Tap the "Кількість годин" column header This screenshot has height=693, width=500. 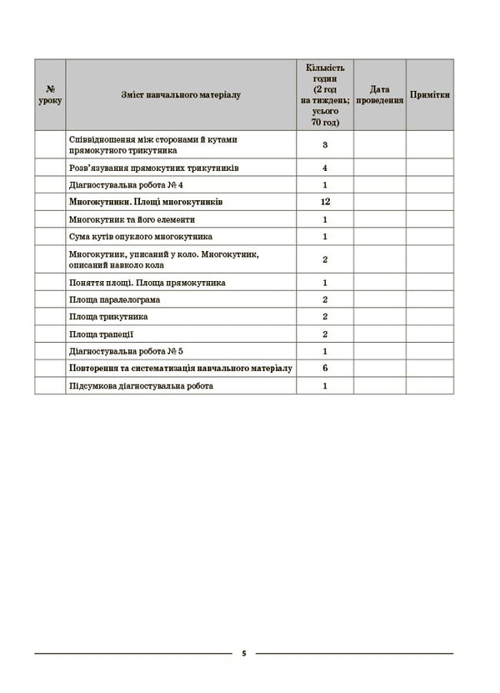[325, 94]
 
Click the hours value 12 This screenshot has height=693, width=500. [325, 202]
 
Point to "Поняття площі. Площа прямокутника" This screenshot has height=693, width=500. [148, 283]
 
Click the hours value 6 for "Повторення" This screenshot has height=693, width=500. [325, 369]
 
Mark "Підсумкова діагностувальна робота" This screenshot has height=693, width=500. [142, 386]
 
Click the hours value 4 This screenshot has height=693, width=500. [325, 168]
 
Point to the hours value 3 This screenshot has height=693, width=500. [325, 145]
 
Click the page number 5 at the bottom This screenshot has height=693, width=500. [244, 653]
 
